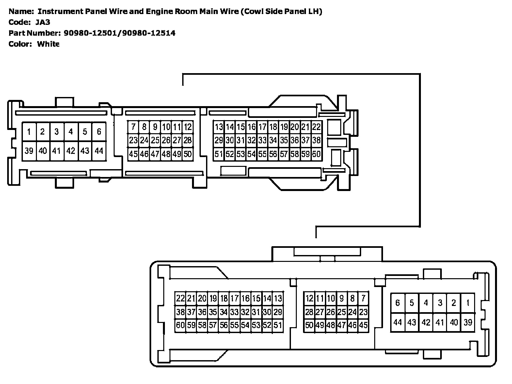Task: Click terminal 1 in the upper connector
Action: pyautogui.click(x=29, y=132)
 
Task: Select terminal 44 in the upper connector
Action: pyautogui.click(x=99, y=151)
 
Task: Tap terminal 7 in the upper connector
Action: pyautogui.click(x=133, y=127)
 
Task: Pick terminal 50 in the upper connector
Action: pyautogui.click(x=187, y=154)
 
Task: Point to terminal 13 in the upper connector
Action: pyautogui.click(x=219, y=127)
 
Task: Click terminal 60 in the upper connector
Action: pyautogui.click(x=316, y=154)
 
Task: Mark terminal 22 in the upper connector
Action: pyautogui.click(x=316, y=127)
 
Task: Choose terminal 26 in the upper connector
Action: pyautogui.click(x=166, y=140)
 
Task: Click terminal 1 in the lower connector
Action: pyautogui.click(x=468, y=303)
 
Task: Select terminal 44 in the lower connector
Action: pyautogui.click(x=397, y=322)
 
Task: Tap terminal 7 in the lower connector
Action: pyautogui.click(x=363, y=298)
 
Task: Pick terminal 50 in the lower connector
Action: pyautogui.click(x=309, y=325)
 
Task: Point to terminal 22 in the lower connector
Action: pyautogui.click(x=180, y=298)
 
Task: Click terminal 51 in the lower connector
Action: pyautogui.click(x=278, y=325)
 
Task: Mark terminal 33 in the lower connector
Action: pyautogui.click(x=234, y=312)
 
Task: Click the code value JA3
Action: pyautogui.click(x=43, y=22)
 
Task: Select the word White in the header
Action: pyautogui.click(x=48, y=44)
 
